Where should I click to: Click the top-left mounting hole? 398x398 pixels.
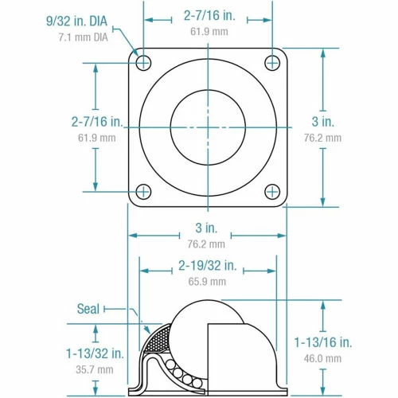(144, 61)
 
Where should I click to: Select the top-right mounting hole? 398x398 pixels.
(272, 61)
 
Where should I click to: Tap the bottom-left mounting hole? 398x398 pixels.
(144, 191)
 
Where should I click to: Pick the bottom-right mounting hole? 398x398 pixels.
(272, 191)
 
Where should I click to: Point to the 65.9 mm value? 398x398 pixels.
(207, 281)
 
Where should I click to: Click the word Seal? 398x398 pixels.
(88, 308)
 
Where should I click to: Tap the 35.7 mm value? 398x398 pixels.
(95, 369)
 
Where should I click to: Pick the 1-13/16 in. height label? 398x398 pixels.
(322, 343)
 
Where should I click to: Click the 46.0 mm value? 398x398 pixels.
(322, 359)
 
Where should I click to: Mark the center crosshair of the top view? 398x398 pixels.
(208, 126)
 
